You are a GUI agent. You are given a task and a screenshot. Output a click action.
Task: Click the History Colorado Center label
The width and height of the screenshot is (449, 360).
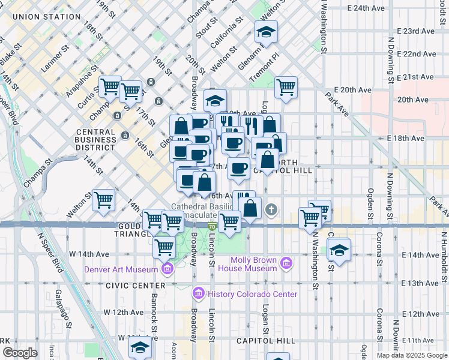252,294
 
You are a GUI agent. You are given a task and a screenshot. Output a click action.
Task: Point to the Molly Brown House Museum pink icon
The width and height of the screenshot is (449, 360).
286,263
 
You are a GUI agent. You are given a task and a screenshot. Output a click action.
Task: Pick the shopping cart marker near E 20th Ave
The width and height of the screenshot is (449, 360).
286,88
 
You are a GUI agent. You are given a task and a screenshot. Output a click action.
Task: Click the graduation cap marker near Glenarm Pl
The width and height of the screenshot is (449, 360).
266,32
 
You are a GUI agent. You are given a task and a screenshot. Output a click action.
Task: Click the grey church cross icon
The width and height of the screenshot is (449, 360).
271,209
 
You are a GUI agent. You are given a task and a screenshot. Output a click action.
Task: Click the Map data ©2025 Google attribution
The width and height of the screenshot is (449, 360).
412,355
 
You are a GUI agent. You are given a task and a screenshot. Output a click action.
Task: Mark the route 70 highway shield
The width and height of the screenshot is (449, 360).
212,226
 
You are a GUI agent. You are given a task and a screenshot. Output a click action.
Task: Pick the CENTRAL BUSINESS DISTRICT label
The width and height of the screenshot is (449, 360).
96,139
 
